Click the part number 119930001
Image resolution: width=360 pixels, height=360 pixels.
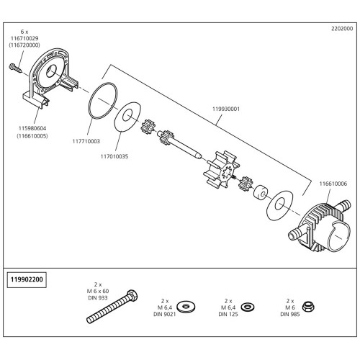[226, 109]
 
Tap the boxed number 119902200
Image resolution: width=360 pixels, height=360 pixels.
[27, 279]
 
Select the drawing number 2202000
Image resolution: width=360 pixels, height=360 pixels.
[342, 29]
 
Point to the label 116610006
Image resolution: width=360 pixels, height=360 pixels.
[333, 184]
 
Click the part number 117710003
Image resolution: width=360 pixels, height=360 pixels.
[86, 141]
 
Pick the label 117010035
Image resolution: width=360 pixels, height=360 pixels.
[114, 156]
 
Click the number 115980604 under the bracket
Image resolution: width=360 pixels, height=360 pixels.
[32, 129]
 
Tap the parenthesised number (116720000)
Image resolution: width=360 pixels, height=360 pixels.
[24, 45]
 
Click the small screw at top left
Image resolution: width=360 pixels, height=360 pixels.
[16, 68]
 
